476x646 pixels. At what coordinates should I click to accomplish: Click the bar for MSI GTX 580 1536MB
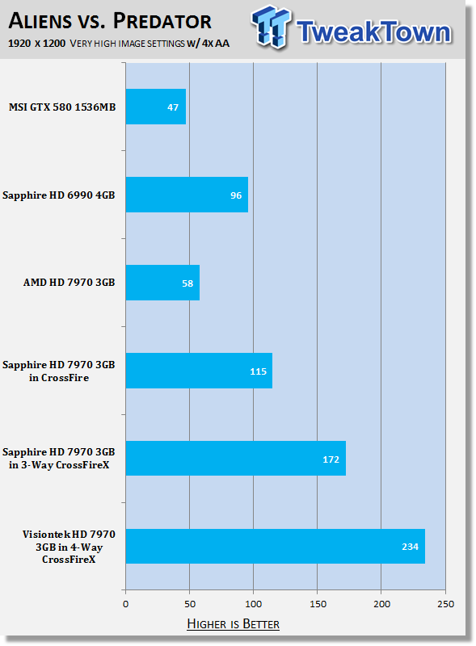pos(156,107)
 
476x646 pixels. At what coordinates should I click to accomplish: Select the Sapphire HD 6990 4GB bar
pos(187,195)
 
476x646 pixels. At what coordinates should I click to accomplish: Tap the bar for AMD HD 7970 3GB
pos(162,283)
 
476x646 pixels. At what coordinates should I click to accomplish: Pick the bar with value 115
pos(199,371)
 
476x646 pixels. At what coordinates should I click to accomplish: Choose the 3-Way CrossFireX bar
pos(236,458)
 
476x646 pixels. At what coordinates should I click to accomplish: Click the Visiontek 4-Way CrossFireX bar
pos(276,547)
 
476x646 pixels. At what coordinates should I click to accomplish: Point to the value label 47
pos(173,107)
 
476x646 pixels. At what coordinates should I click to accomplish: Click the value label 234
pos(410,547)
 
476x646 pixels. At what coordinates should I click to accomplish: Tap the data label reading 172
pos(331,459)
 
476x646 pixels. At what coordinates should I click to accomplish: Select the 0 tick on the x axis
pos(126,604)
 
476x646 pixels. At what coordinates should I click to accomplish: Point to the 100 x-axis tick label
pos(253,604)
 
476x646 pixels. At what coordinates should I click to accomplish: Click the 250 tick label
pos(445,604)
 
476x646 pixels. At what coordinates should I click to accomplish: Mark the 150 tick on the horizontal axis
pos(318,604)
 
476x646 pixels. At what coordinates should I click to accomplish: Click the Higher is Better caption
pos(233,623)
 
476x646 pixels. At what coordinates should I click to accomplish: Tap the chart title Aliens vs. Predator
pos(110,21)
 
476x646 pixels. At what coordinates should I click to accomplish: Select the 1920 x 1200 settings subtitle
pos(119,44)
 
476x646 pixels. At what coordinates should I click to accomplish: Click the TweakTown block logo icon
pos(270,27)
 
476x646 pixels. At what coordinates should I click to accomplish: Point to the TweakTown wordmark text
pos(373,31)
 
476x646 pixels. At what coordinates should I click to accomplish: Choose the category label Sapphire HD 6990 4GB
pos(58,195)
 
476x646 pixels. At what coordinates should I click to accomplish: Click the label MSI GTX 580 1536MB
pos(62,107)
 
